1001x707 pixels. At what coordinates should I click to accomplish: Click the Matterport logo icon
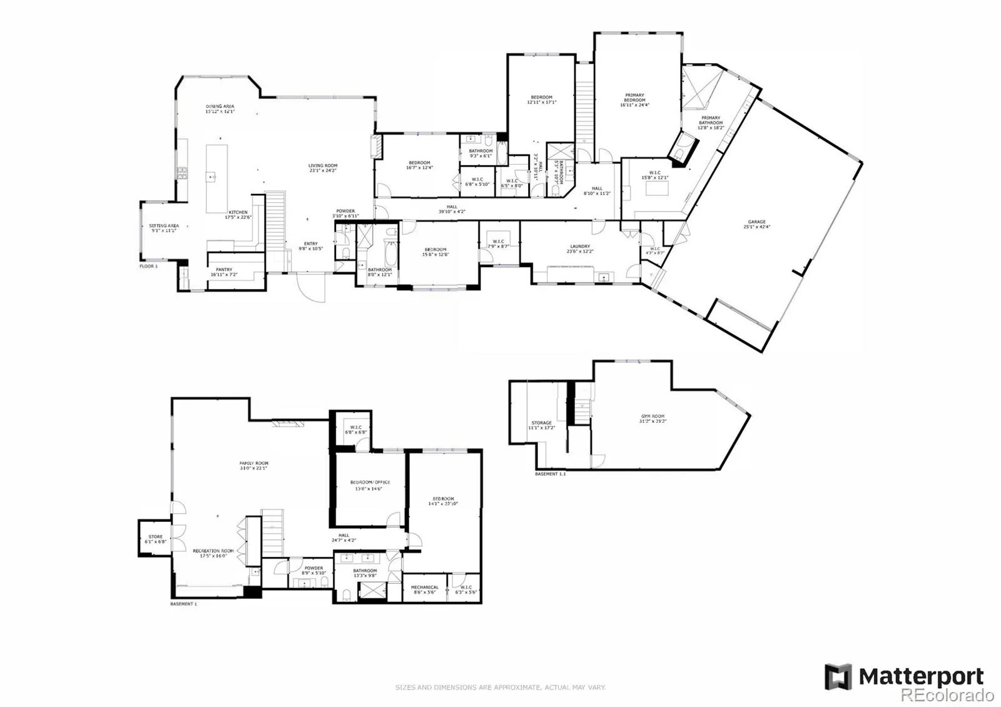point(838,677)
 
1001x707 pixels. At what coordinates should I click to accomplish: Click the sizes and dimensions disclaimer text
point(500,688)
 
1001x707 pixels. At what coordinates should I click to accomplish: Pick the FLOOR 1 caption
point(149,266)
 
